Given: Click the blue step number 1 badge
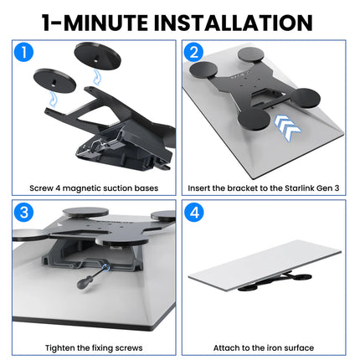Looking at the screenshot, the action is (23, 52).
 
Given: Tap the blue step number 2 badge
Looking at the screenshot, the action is (193, 52).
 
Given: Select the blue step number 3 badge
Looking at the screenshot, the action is (23, 212).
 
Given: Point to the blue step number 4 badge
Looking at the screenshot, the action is (193, 212).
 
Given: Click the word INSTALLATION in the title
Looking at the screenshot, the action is (233, 23).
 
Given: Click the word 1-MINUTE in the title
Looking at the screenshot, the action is (95, 23).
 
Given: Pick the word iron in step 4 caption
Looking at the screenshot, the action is (269, 348).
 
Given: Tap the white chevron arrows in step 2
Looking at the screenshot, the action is (287, 127).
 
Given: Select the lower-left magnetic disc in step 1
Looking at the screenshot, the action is (54, 80).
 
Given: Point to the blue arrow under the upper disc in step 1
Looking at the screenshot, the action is (96, 77).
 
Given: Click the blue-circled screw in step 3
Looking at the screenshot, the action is (106, 268).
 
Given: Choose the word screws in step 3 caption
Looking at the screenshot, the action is (129, 348).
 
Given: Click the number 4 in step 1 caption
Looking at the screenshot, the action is (58, 188).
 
